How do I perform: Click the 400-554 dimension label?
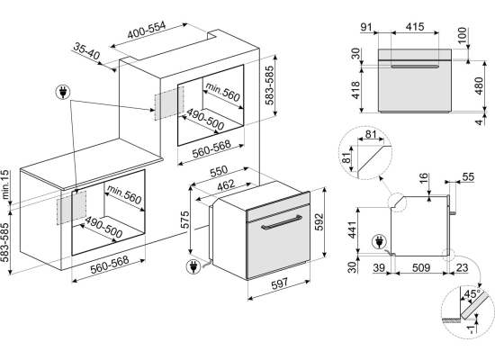[x=146, y=31]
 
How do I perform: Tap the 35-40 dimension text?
[x=86, y=50]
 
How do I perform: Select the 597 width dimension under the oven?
[x=279, y=283]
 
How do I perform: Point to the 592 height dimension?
[x=319, y=222]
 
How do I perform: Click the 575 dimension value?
[x=184, y=220]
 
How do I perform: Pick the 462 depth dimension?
[x=226, y=185]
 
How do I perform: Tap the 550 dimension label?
[x=219, y=171]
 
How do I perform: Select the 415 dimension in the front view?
[x=415, y=27]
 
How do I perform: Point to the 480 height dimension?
[x=479, y=85]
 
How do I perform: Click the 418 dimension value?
[x=355, y=90]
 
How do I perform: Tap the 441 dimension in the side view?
[x=352, y=230]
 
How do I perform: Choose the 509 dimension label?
[x=421, y=268]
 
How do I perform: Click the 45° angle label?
[x=472, y=294]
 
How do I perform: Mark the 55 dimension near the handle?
[x=468, y=176]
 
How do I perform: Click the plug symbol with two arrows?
[x=63, y=92]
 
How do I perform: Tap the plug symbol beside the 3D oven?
[x=193, y=266]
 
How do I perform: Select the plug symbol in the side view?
[x=379, y=242]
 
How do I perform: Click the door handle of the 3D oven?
[x=281, y=223]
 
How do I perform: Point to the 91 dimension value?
[x=366, y=28]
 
